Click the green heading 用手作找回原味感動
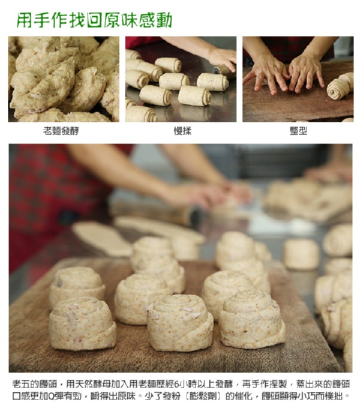[x=94, y=20]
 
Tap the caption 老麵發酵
[x=61, y=131]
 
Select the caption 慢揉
[x=182, y=131]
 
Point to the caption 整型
[x=298, y=131]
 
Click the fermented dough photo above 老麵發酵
[x=64, y=79]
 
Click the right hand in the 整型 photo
[x=305, y=73]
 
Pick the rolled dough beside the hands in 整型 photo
[x=340, y=86]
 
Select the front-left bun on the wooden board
[x=82, y=324]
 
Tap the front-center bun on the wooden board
[x=180, y=323]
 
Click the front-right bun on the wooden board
[x=252, y=319]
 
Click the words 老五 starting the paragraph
[x=21, y=384]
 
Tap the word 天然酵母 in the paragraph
[x=92, y=384]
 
